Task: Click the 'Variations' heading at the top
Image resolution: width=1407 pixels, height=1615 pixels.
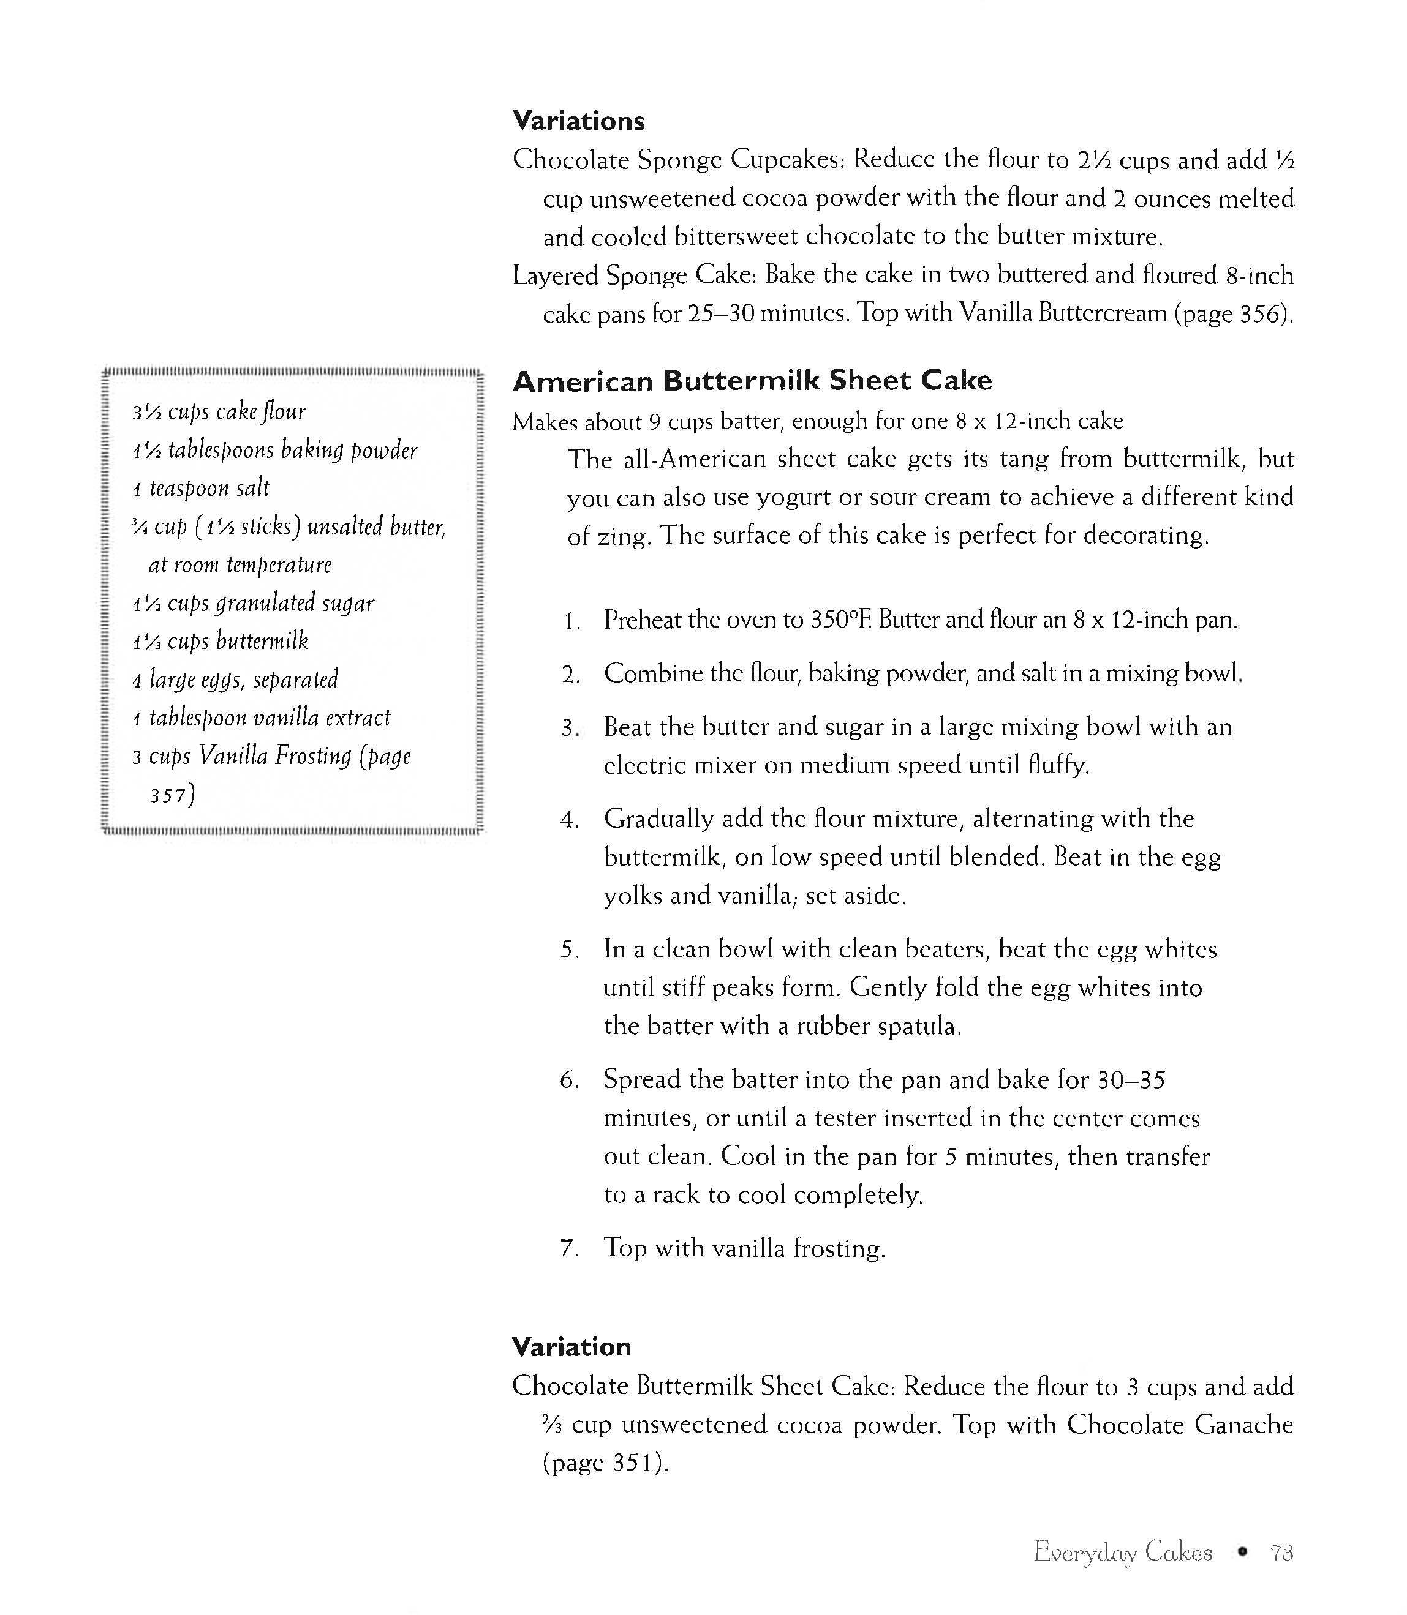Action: [x=579, y=121]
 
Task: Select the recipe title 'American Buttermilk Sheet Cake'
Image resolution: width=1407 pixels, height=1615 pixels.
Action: [x=752, y=381]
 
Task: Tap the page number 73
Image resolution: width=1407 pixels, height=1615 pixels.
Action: [x=1282, y=1552]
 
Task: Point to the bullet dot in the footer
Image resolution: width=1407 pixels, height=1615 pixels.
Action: [x=1242, y=1552]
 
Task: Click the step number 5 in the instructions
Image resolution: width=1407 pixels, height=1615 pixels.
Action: [x=569, y=950]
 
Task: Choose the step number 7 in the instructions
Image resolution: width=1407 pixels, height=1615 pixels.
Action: [x=569, y=1248]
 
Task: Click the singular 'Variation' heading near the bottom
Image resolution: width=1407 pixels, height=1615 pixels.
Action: [x=571, y=1347]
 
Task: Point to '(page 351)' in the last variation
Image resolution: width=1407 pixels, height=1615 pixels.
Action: [x=605, y=1463]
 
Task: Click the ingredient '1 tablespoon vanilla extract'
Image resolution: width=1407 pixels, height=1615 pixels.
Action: [x=262, y=718]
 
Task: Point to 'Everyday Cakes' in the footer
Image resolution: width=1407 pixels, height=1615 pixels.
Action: [x=1123, y=1552]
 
